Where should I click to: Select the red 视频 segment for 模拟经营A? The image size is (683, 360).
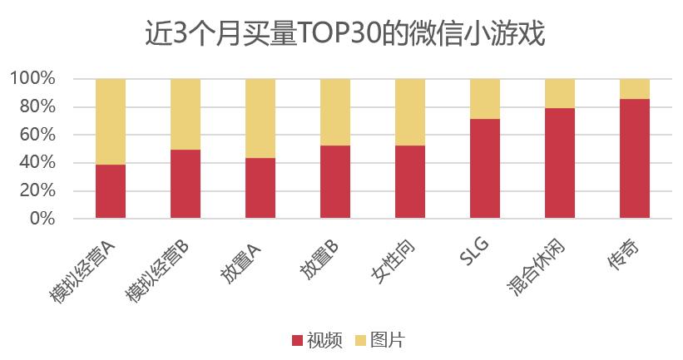click(x=111, y=191)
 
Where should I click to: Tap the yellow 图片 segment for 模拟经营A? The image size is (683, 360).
click(x=111, y=121)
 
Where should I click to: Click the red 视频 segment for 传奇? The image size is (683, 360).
click(x=635, y=159)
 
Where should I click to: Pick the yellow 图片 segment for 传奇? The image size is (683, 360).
click(x=635, y=89)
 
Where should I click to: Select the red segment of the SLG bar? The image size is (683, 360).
click(x=485, y=169)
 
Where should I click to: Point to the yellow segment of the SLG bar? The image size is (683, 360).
click(x=485, y=99)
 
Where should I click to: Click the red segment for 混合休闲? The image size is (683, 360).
click(x=560, y=163)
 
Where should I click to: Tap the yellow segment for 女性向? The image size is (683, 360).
click(x=410, y=112)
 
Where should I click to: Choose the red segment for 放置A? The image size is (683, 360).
click(x=260, y=188)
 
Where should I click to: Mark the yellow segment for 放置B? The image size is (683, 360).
click(x=335, y=112)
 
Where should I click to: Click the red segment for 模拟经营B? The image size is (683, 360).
click(x=186, y=184)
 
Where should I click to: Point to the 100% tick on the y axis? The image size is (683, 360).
click(x=32, y=79)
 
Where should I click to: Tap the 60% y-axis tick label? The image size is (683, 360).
click(x=37, y=135)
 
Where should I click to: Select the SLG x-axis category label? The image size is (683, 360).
click(x=474, y=250)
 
